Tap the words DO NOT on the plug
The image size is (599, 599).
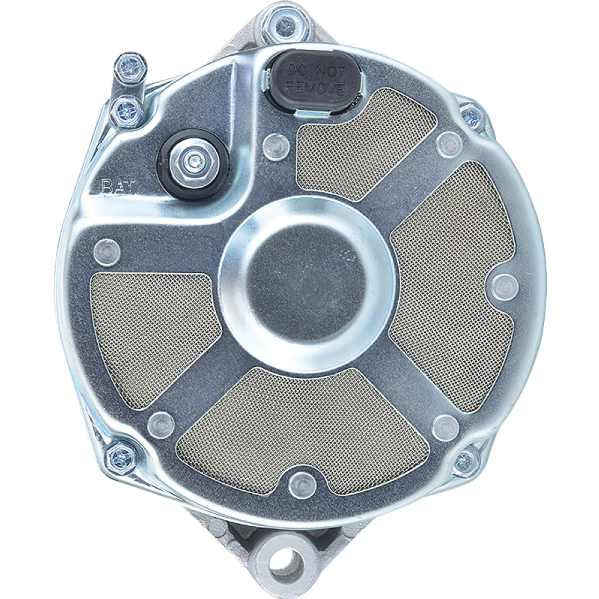[315, 71]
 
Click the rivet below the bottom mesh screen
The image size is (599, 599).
[300, 484]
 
